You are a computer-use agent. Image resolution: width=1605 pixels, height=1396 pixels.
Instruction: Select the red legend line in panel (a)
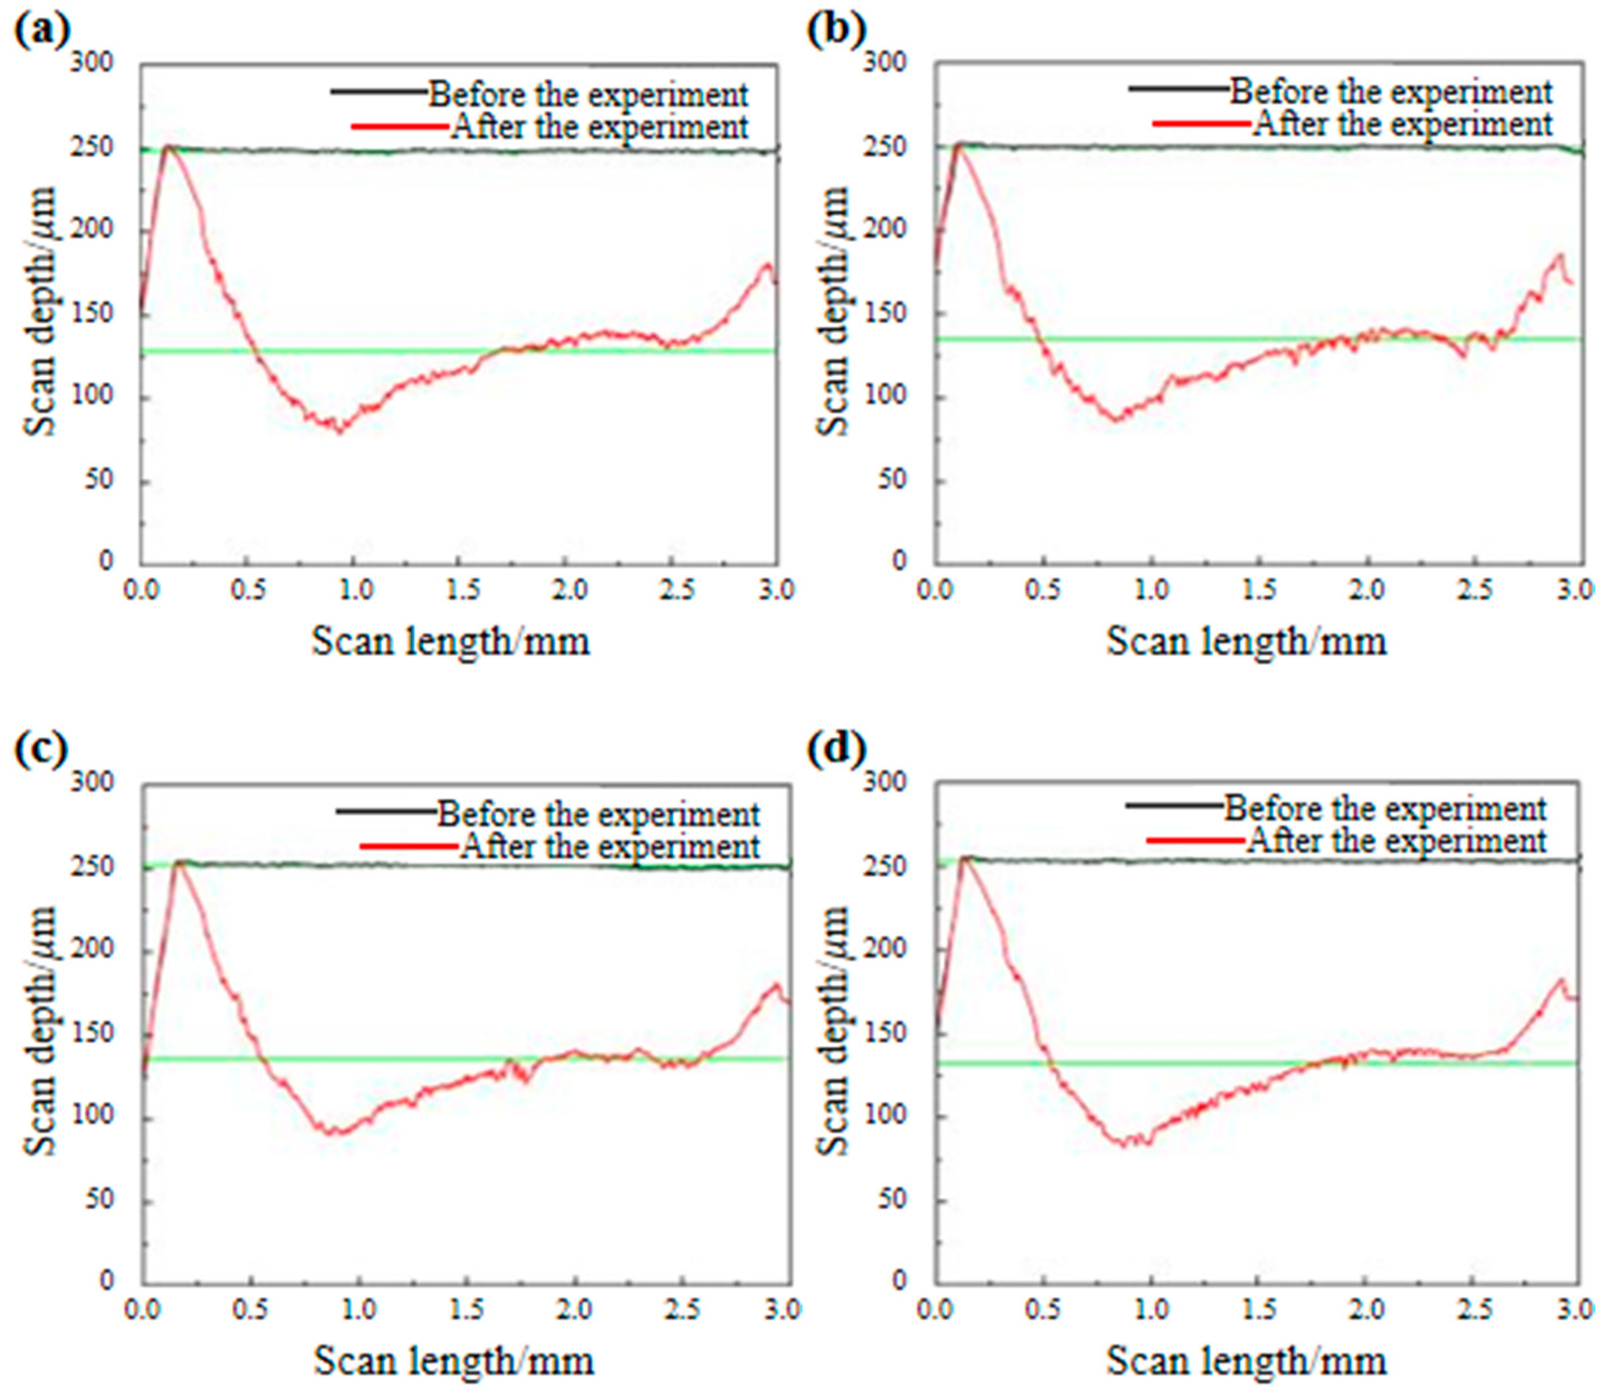(x=400, y=126)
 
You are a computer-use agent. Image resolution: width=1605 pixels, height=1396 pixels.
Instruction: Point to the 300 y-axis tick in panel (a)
(x=92, y=62)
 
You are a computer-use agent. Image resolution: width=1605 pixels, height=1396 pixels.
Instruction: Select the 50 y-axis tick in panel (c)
(x=98, y=1200)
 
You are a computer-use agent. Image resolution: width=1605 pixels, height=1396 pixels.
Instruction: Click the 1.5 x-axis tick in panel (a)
(x=463, y=590)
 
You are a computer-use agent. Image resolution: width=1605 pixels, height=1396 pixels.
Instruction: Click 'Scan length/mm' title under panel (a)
(x=450, y=642)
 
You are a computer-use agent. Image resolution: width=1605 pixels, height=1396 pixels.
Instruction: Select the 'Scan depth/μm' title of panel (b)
(x=834, y=311)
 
